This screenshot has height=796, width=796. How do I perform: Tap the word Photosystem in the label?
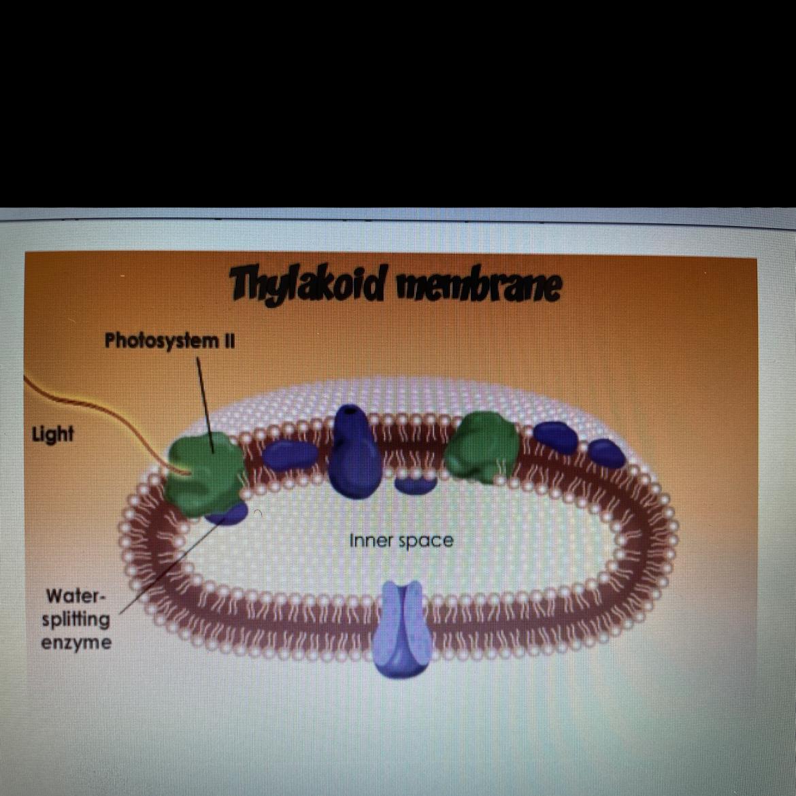(160, 340)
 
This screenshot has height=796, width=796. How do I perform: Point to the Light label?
(52, 435)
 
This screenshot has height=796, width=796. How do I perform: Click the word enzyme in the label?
(76, 643)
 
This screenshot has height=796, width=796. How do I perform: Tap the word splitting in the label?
(76, 620)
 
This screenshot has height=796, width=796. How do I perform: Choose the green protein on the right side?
(482, 446)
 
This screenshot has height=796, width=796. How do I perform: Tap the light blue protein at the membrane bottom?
(401, 629)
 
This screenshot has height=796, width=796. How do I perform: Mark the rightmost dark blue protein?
(607, 453)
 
